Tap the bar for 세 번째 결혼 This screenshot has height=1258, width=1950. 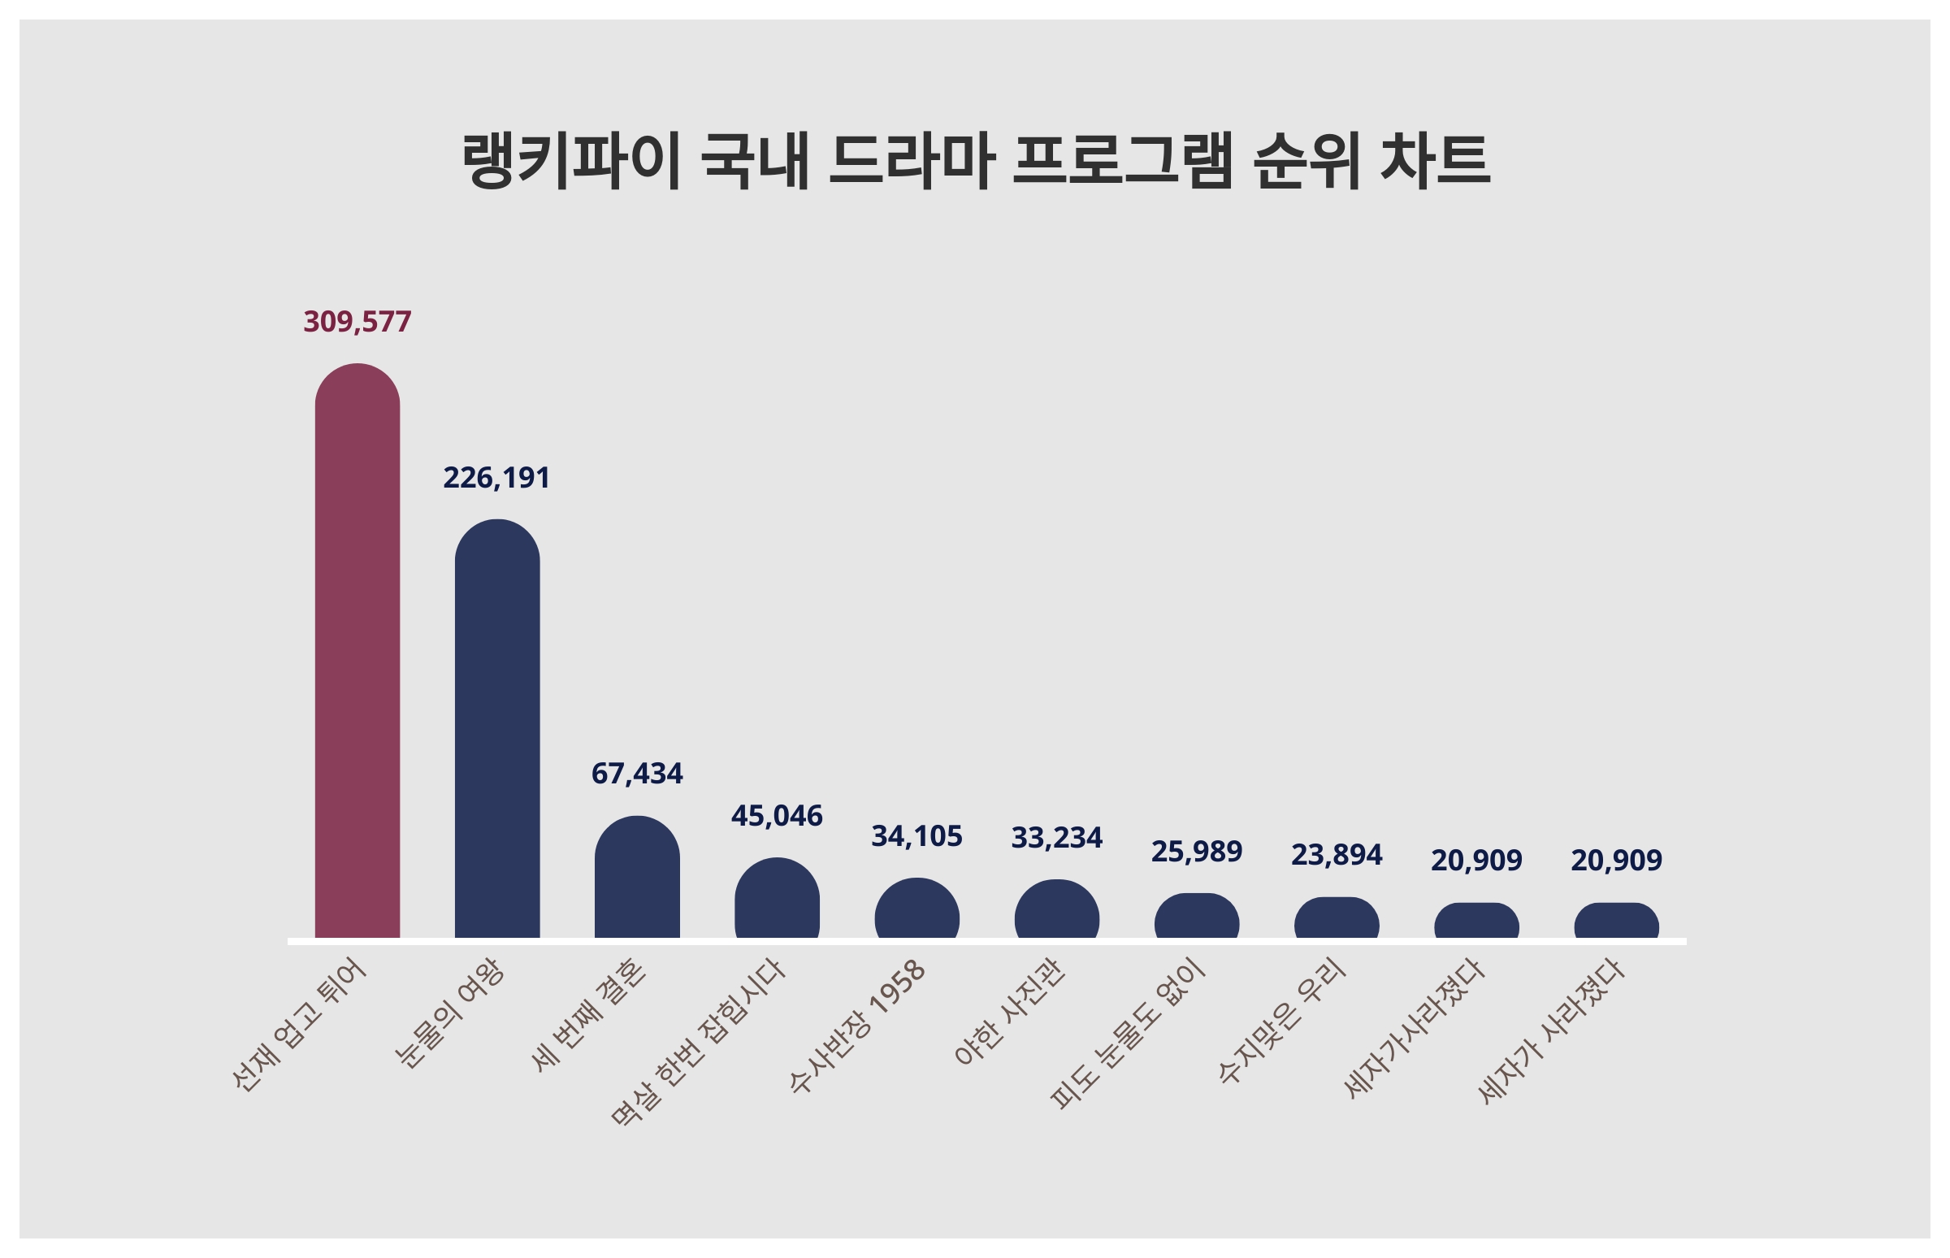click(637, 878)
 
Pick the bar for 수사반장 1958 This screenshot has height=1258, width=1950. click(916, 909)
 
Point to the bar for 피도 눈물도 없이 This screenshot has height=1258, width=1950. click(1196, 916)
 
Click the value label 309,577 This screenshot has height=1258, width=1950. click(357, 322)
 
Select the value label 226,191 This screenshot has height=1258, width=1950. click(496, 478)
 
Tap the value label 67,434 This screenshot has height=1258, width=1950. click(637, 774)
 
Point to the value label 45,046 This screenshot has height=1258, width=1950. click(777, 816)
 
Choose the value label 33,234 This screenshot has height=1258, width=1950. click(1057, 838)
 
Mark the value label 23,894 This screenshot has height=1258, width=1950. click(1336, 855)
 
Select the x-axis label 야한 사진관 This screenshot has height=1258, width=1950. click(1009, 1013)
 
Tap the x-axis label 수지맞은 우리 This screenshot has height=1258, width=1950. click(1281, 1021)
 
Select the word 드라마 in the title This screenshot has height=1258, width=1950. click(911, 161)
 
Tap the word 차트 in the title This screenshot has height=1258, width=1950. click(1435, 161)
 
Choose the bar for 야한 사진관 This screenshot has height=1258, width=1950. click(1057, 909)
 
